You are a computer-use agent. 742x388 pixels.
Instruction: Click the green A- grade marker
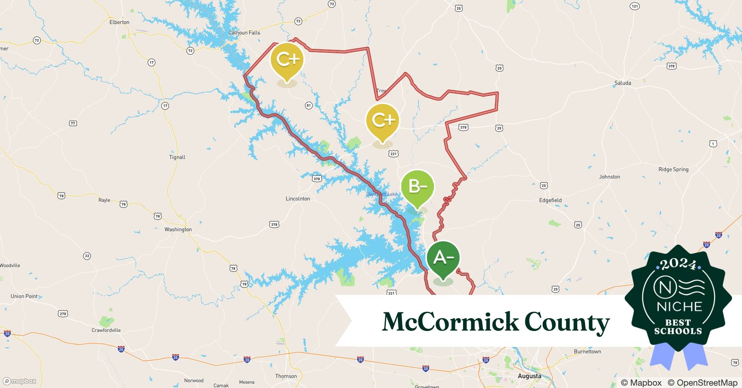coord(443,258)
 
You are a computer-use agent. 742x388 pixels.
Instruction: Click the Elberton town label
coord(119,22)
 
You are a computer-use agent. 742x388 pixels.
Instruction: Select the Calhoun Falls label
coord(244,33)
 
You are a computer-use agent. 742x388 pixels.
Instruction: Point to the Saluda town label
coord(622,83)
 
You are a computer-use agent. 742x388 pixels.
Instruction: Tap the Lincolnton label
coord(298,199)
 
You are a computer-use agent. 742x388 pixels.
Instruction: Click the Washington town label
coord(178,229)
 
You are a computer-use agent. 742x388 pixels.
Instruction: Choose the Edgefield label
coord(550,200)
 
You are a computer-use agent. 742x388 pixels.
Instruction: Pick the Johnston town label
coord(609,177)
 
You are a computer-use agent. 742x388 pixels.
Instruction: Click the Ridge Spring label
coord(673,169)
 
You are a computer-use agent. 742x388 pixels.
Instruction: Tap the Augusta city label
coord(529,376)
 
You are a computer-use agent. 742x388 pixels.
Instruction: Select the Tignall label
coord(177,157)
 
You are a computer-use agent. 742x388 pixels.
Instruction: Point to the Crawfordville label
coord(106,330)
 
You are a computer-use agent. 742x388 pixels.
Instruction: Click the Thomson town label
coord(286,376)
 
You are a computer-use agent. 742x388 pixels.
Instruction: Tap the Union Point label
coord(24,296)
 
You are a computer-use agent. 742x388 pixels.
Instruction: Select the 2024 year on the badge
coord(678,264)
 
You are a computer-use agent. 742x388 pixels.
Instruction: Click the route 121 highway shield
coord(634,6)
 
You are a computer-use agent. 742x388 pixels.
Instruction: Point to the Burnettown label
coord(587,352)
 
